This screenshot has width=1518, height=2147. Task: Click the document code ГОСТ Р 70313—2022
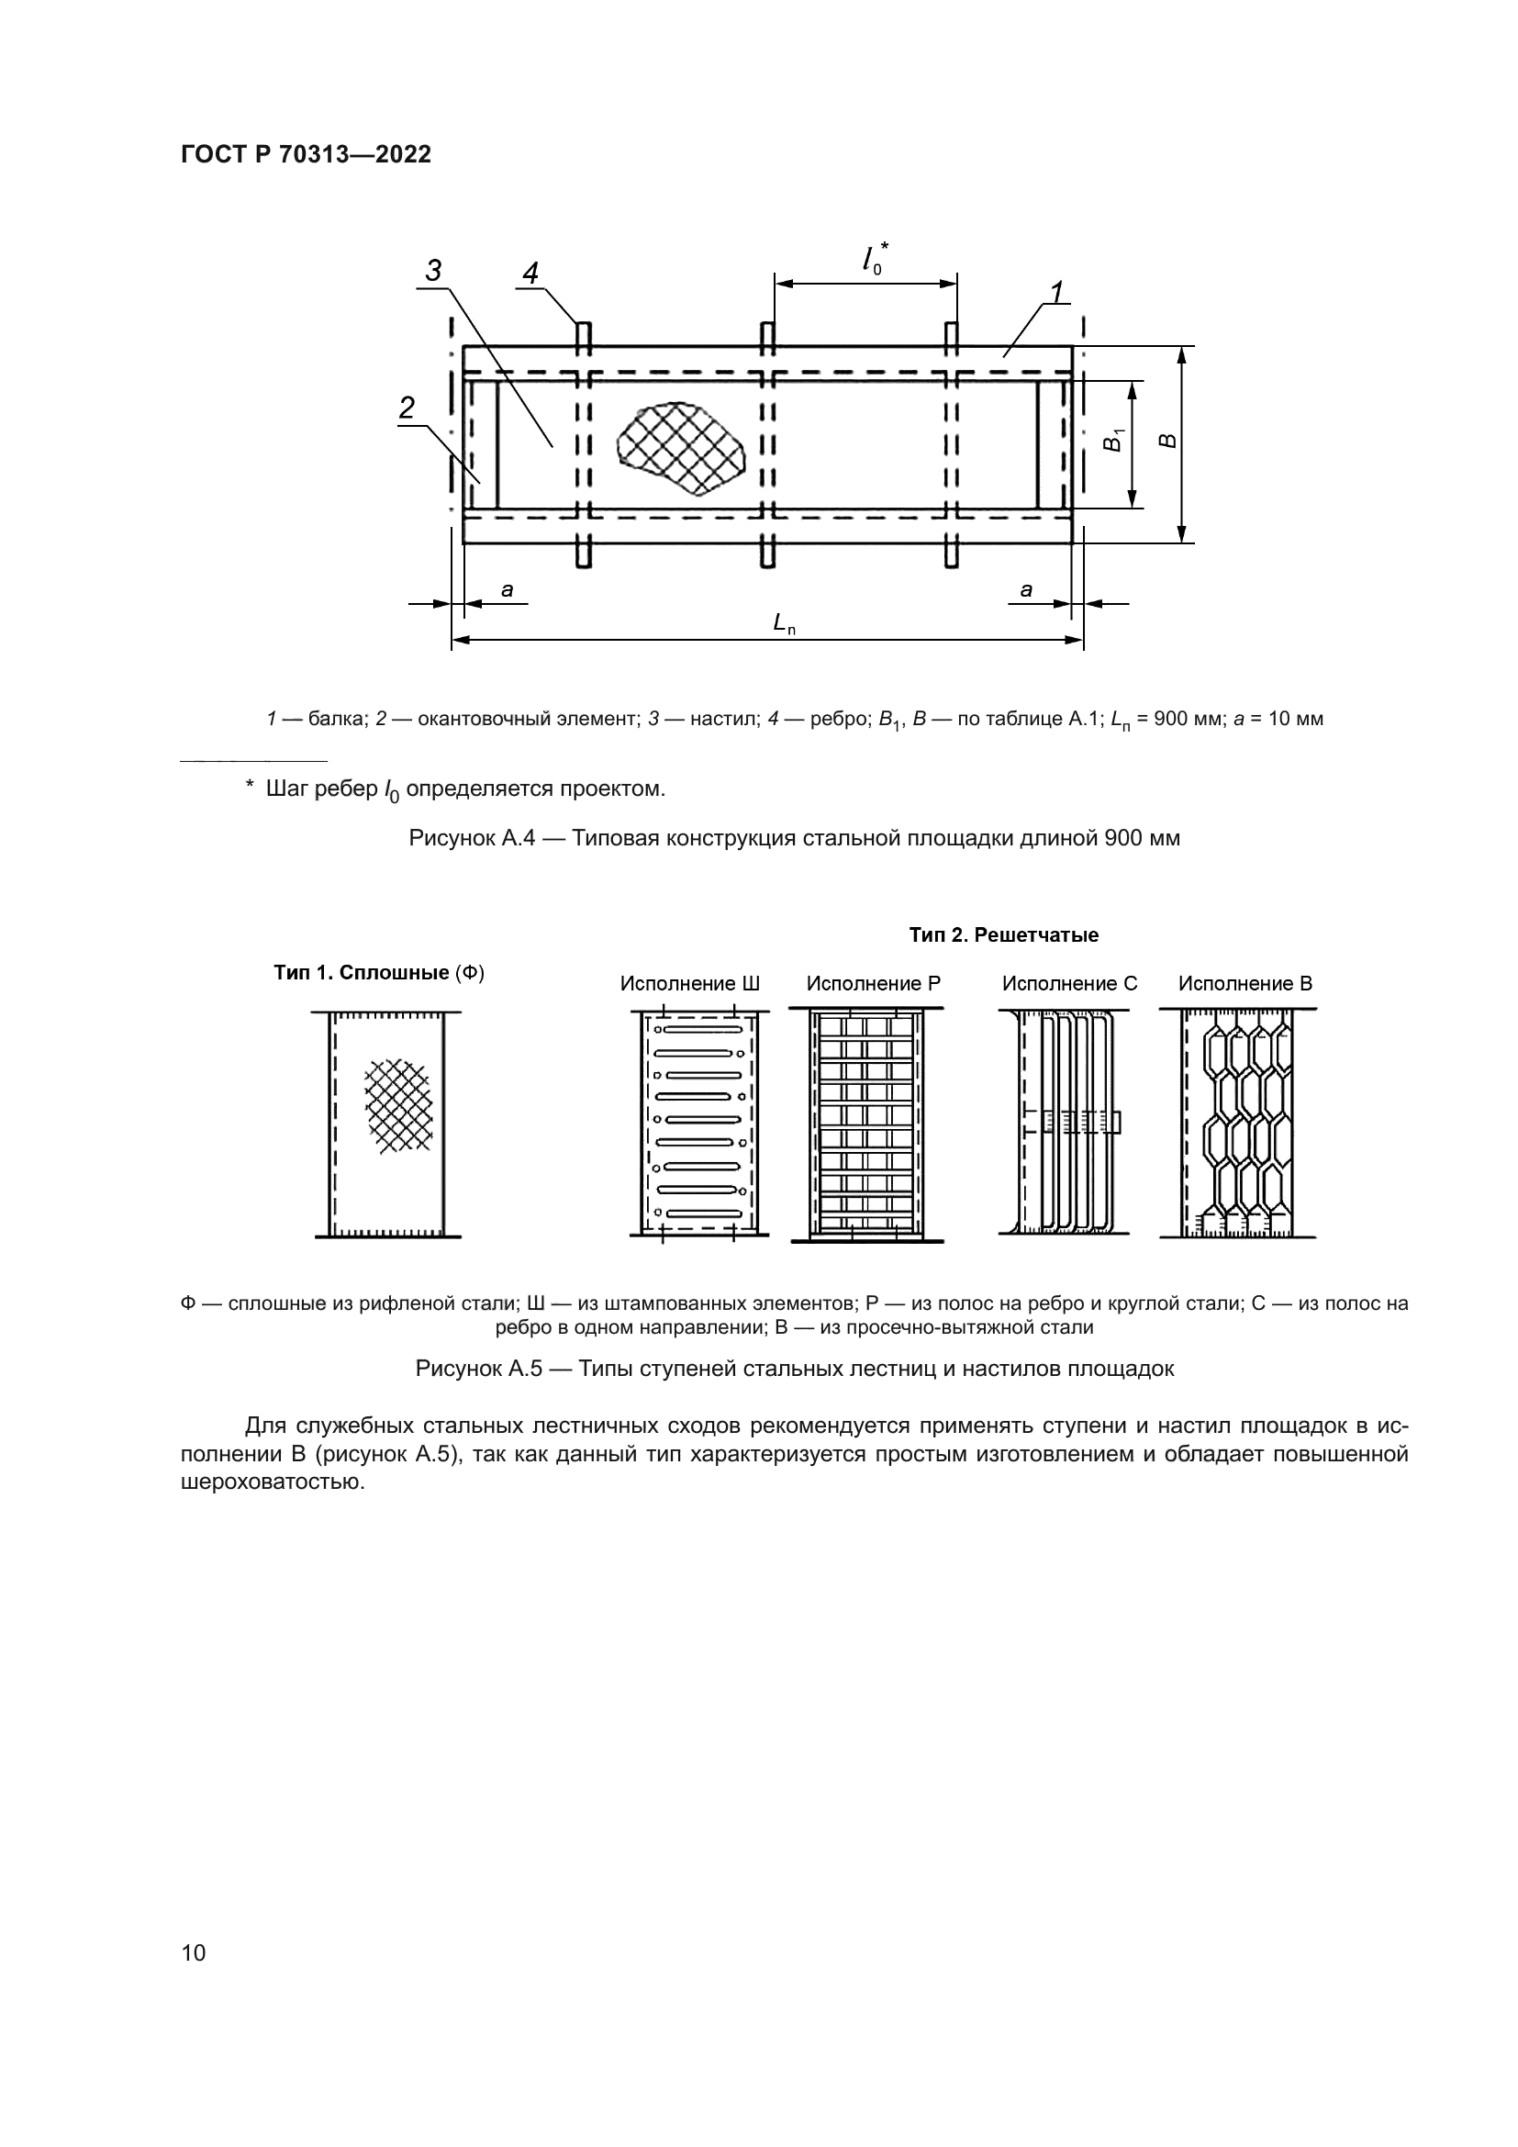pos(306,154)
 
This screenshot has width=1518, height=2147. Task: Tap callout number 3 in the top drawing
pos(434,270)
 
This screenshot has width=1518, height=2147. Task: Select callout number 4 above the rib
pos(530,273)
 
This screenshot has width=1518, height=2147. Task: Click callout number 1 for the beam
pos(1056,293)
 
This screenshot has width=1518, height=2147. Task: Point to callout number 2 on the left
pos(407,408)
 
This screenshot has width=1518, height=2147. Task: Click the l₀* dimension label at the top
pos(874,257)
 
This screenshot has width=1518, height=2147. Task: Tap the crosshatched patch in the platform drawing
pos(680,447)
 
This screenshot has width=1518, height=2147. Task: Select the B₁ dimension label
pos(1112,440)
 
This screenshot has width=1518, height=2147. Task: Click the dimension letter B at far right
pos(1166,441)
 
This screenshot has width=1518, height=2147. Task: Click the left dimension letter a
pos(507,590)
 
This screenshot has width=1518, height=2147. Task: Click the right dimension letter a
pos(1026,590)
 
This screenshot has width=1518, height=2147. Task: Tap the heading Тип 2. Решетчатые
pos(1003,935)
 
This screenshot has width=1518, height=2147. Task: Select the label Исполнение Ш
pos(690,984)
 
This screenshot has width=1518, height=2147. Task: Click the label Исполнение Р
pos(873,984)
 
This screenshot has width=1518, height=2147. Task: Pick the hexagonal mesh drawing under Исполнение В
pos(1237,1123)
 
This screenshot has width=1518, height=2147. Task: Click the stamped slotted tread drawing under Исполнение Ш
pos(699,1123)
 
